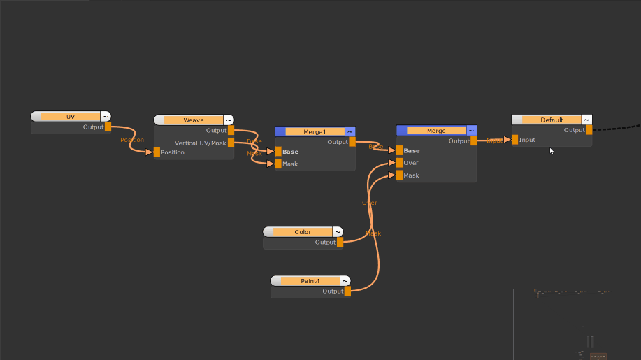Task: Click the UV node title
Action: point(70,117)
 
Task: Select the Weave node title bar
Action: point(194,120)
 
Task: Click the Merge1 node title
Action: point(315,131)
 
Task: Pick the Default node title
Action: point(552,120)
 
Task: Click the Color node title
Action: point(302,232)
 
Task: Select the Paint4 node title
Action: point(310,281)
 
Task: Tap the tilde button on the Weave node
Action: point(229,120)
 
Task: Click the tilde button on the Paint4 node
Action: point(345,281)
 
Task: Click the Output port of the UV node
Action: point(108,127)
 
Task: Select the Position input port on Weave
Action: point(157,152)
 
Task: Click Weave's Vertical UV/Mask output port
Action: point(231,143)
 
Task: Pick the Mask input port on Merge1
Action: point(278,164)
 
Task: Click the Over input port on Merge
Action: point(399,163)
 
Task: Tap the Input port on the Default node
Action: point(515,140)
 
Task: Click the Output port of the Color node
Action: point(340,243)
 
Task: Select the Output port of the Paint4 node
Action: point(347,291)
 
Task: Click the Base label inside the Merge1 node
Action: point(290,152)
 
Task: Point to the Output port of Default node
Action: point(589,130)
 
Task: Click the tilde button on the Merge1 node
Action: point(350,131)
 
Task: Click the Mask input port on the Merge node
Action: point(399,175)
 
